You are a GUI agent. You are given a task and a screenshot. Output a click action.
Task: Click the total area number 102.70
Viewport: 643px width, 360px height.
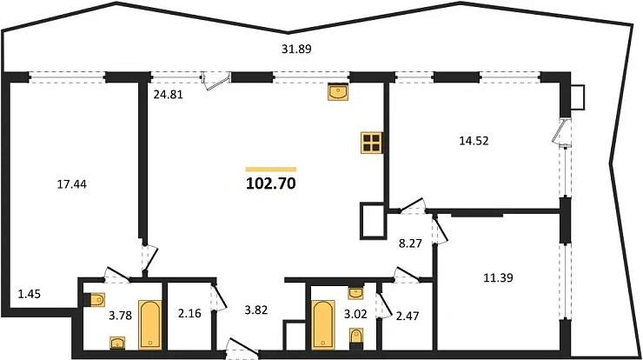pos(270,183)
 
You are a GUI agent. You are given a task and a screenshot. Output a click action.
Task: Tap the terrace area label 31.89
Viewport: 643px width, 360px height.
pos(296,50)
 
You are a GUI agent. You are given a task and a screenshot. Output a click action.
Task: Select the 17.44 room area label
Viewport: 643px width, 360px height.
pos(72,184)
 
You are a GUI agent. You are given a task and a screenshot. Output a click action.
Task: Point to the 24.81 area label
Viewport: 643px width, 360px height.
pos(168,95)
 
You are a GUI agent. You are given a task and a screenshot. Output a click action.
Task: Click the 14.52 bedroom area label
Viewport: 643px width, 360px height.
pos(474,141)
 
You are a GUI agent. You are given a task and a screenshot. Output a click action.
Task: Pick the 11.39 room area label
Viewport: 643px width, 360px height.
pos(498,278)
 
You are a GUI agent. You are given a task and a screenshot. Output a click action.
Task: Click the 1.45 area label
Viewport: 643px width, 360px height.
pos(30,294)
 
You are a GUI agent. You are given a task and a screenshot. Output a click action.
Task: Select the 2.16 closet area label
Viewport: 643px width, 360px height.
pos(189,314)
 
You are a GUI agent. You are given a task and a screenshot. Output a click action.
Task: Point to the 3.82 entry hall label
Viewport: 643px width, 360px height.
pos(255,310)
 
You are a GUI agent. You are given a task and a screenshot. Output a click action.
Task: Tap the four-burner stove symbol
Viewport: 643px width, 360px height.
pos(372,143)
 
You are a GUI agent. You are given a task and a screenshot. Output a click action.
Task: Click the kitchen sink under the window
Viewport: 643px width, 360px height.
pos(338,91)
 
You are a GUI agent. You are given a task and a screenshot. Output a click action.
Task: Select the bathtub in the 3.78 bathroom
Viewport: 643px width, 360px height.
pos(150,324)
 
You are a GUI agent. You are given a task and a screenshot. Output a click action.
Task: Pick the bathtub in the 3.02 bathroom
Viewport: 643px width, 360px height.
pos(323,324)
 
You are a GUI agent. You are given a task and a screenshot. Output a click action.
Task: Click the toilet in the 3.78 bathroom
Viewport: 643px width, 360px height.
pos(95,300)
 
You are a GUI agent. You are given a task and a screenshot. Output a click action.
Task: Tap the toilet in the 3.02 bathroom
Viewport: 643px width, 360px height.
pos(356,338)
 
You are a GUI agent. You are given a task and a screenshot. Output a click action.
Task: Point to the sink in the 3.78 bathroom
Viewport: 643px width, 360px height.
pos(117,343)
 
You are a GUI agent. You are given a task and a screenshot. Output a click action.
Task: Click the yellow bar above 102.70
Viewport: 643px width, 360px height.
pos(270,169)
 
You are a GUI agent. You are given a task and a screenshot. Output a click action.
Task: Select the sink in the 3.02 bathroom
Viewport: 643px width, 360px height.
pos(355,294)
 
